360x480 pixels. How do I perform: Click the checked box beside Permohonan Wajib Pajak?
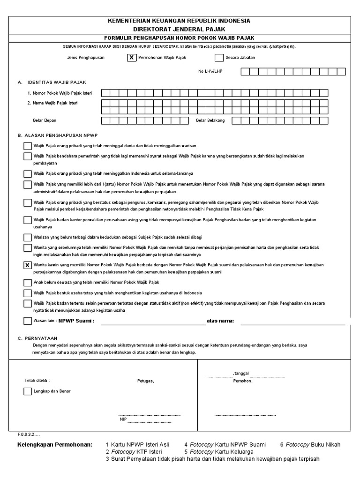tap(132, 58)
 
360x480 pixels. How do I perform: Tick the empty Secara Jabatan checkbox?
tap(219, 58)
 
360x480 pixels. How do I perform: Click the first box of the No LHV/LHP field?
tap(245, 72)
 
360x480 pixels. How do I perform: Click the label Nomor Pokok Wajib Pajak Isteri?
tap(60, 93)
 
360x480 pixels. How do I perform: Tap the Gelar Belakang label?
tap(210, 120)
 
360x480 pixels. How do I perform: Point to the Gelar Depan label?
tap(45, 120)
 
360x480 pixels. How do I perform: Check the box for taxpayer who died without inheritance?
tap(28, 146)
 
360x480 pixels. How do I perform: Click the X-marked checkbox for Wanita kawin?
tap(28, 266)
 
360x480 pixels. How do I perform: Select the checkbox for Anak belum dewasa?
tap(28, 283)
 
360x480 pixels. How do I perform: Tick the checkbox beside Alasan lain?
tap(28, 321)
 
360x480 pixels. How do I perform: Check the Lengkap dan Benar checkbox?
tap(28, 391)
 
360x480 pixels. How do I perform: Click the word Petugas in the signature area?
tap(145, 381)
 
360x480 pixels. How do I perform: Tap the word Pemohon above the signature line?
tap(243, 381)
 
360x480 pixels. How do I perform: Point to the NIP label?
tap(123, 419)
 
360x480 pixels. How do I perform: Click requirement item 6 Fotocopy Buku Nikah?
tap(310, 444)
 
